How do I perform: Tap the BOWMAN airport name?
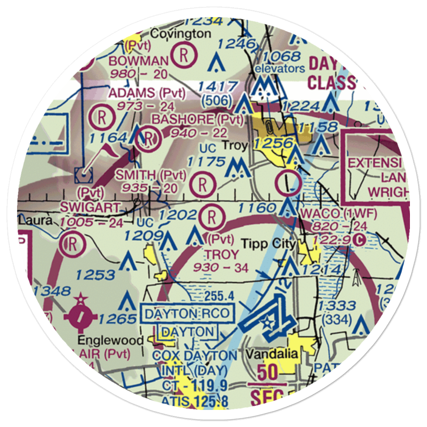point(132,61)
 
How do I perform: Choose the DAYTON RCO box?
point(189,314)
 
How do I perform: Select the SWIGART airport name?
point(91,208)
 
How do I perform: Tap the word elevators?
point(280,68)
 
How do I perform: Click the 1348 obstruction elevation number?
point(52,291)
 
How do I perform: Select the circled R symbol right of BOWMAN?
point(183,56)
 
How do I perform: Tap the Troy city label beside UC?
point(235,146)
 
